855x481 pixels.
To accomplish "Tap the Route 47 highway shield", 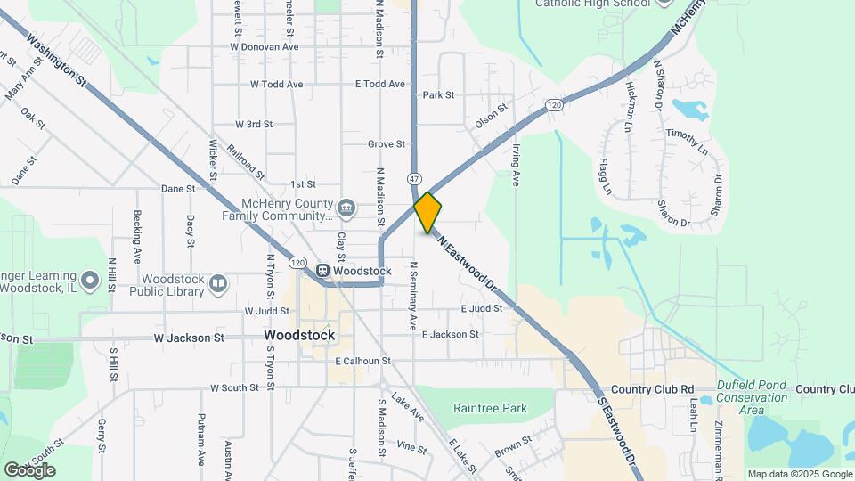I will point(415,177).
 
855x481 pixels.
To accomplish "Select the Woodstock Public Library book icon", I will point(217,283).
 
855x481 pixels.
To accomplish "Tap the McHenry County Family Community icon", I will point(347,209).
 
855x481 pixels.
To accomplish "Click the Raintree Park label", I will point(490,409).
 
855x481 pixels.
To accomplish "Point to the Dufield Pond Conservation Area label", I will point(753,397).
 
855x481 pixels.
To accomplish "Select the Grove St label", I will point(387,143).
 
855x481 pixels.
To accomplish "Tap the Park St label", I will point(438,94).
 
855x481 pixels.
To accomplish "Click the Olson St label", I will point(491,115).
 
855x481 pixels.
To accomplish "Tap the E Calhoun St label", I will point(363,361).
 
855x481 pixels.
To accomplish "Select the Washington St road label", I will point(55,61).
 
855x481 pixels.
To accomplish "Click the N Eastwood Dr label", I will point(466,259).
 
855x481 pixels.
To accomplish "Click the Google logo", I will point(29,469).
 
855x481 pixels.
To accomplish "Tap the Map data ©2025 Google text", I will point(798,474).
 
